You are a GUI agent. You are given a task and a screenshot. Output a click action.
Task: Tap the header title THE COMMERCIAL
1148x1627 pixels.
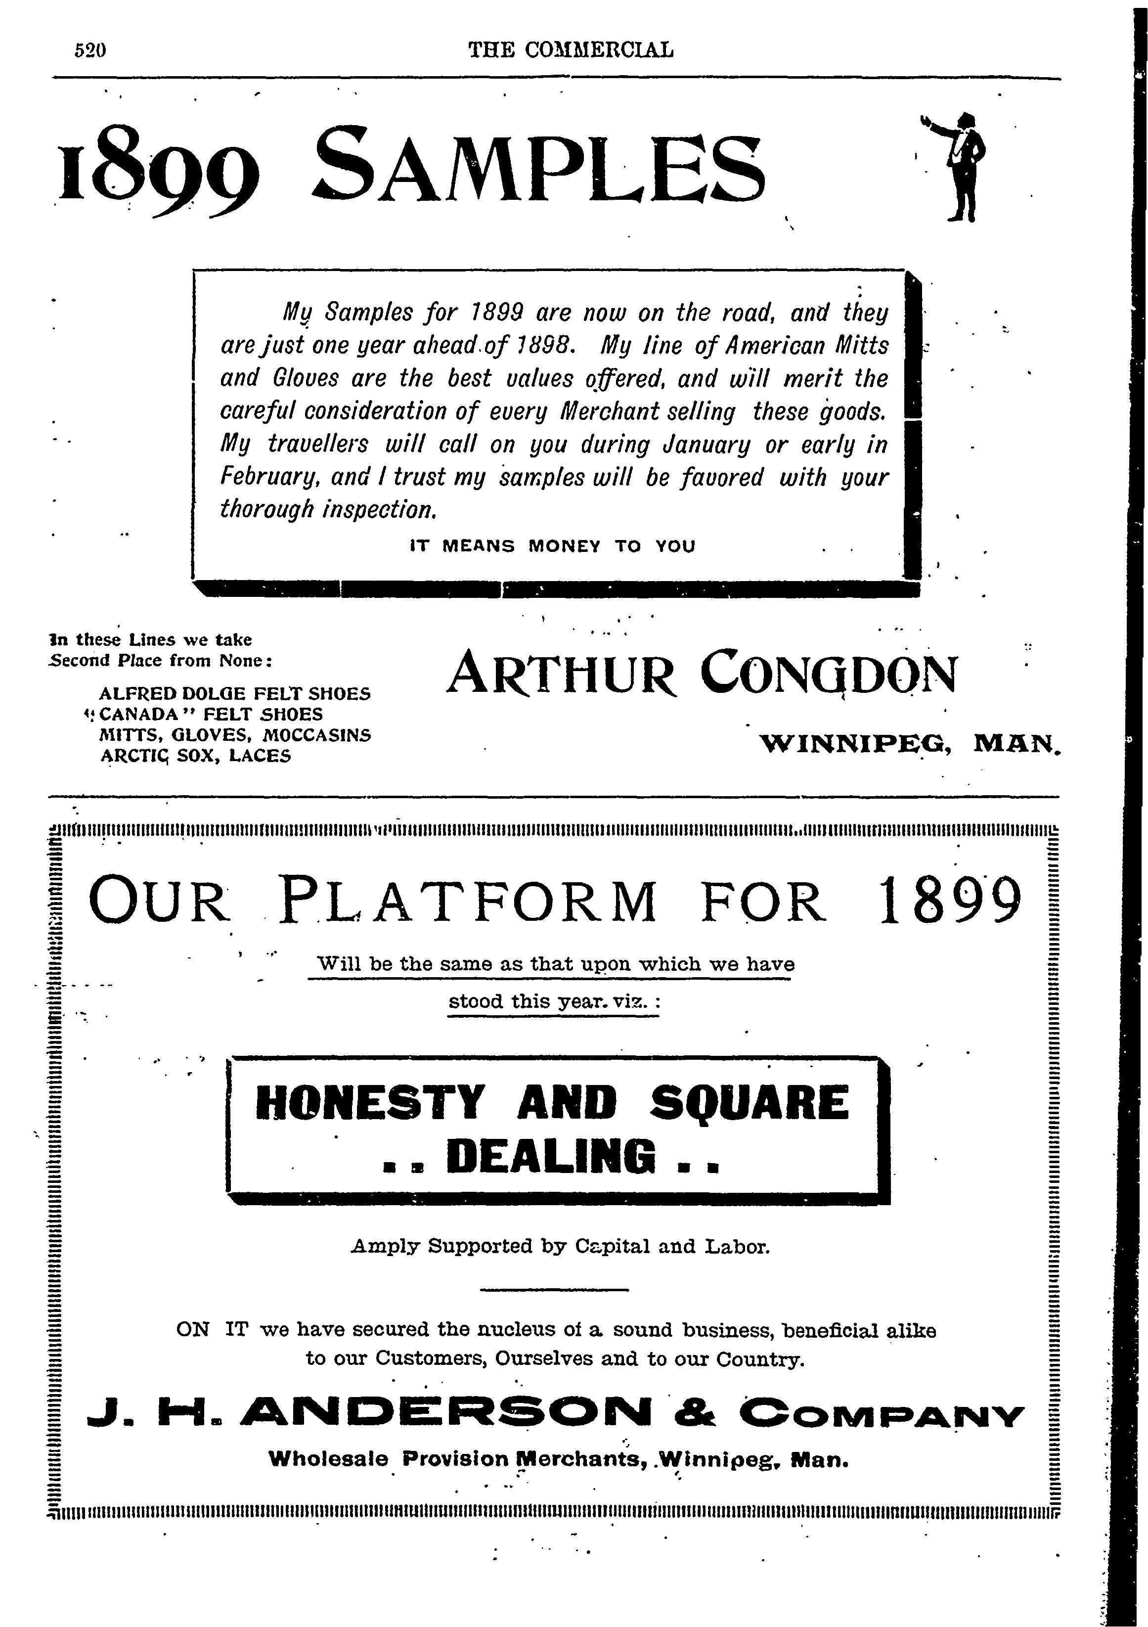click(x=571, y=49)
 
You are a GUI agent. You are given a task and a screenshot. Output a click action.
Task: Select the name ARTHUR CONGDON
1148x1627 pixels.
click(x=702, y=673)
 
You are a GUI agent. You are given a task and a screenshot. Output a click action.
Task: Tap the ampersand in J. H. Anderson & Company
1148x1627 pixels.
click(x=695, y=1416)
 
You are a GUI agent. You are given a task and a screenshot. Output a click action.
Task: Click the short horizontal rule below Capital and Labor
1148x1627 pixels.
click(x=554, y=1289)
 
